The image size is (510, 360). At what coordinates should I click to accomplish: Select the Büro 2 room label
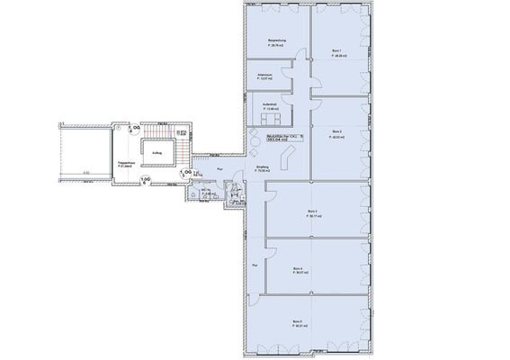point(336,132)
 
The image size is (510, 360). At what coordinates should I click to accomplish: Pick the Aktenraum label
point(264,76)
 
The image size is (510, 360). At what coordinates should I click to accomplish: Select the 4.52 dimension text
point(85,172)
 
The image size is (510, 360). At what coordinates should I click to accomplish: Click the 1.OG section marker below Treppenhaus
point(145,180)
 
